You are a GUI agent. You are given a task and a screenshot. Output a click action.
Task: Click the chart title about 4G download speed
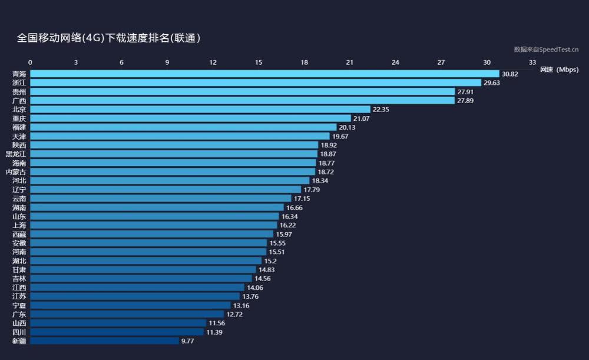pyautogui.click(x=109, y=38)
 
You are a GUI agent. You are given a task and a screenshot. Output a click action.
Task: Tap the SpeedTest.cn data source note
pyautogui.click(x=546, y=49)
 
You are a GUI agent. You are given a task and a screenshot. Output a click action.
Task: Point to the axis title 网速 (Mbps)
pyautogui.click(x=559, y=70)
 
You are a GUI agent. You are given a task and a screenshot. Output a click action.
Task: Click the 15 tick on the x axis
pyautogui.click(x=259, y=62)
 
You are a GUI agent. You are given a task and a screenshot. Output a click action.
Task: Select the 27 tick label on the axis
pyautogui.click(x=441, y=62)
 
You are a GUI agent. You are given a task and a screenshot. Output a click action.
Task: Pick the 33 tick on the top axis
pyautogui.click(x=532, y=62)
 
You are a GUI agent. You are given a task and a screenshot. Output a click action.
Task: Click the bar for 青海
pyautogui.click(x=264, y=74)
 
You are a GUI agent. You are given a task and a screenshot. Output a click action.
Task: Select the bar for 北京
pyautogui.click(x=200, y=110)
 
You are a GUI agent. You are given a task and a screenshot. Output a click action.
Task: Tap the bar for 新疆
pyautogui.click(x=104, y=341)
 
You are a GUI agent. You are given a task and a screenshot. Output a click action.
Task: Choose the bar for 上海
pyautogui.click(x=153, y=225)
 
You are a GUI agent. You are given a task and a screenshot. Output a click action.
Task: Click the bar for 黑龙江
pyautogui.click(x=173, y=154)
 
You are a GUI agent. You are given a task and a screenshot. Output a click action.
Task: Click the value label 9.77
pyautogui.click(x=187, y=341)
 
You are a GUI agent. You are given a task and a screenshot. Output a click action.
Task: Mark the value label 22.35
pyautogui.click(x=380, y=110)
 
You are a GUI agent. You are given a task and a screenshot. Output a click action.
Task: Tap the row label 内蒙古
pyautogui.click(x=16, y=171)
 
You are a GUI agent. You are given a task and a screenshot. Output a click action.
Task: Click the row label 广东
pyautogui.click(x=19, y=314)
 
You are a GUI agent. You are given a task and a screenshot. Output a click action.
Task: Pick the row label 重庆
pyautogui.click(x=19, y=118)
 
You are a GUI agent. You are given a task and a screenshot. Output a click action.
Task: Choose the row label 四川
pyautogui.click(x=19, y=332)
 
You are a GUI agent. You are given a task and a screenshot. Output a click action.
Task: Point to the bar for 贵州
pyautogui.click(x=242, y=92)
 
